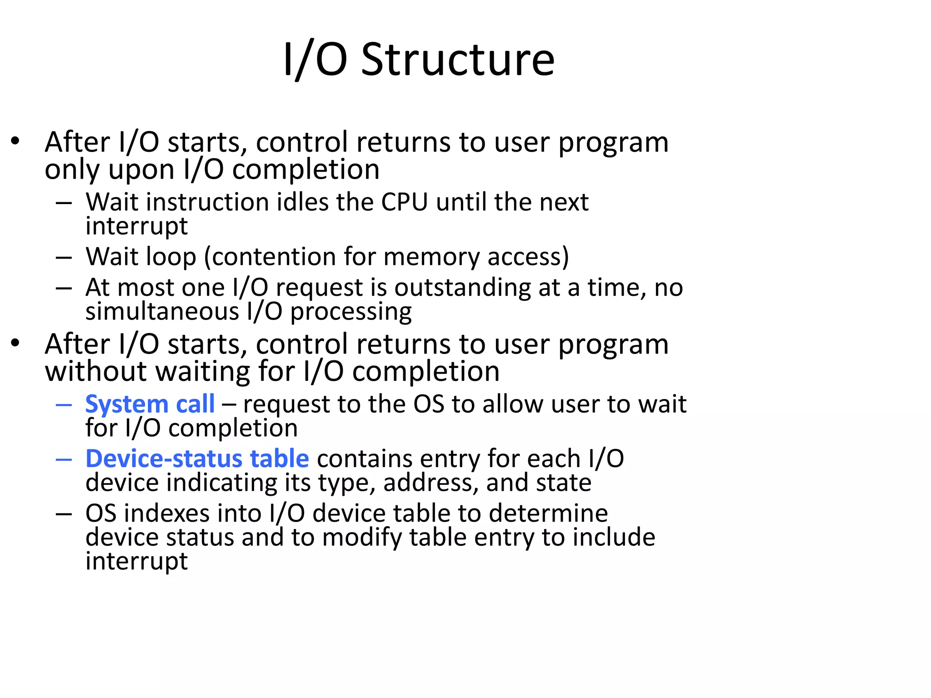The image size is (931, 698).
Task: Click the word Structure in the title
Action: click(458, 60)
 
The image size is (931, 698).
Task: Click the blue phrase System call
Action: click(150, 404)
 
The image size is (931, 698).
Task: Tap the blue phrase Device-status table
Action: click(197, 459)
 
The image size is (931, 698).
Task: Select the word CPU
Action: click(405, 202)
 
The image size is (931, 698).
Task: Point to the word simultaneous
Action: click(162, 312)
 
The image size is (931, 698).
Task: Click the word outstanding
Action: click(462, 288)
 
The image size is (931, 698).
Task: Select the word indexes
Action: click(167, 514)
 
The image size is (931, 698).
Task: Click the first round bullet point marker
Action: click(16, 141)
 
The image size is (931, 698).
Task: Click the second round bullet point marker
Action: click(16, 343)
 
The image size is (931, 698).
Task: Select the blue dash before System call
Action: click(64, 404)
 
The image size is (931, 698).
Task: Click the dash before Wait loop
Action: click(64, 258)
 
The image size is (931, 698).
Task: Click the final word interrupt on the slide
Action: click(136, 562)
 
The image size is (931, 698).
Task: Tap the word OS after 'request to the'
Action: click(429, 404)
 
